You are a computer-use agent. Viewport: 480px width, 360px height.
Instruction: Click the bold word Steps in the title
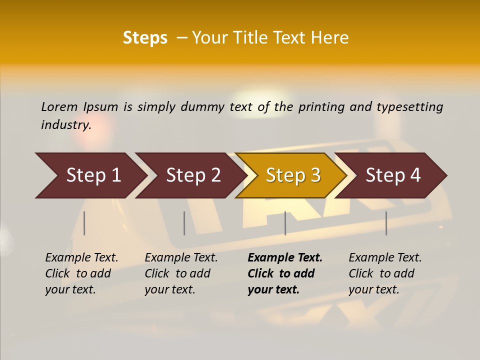145,38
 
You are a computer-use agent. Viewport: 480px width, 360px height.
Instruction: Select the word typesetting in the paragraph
409,106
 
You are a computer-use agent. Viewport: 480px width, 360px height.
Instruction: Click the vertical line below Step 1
84,223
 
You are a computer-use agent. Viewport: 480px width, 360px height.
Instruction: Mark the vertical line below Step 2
184,223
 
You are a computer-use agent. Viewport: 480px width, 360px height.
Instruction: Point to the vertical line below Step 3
285,223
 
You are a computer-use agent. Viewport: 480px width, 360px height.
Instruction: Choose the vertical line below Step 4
386,223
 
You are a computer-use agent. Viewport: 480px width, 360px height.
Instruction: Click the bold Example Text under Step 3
285,257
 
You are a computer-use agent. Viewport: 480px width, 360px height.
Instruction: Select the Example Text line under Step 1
81,257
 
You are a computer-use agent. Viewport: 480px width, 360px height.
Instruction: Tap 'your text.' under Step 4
374,289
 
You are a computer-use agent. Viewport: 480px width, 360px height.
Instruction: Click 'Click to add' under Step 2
177,273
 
